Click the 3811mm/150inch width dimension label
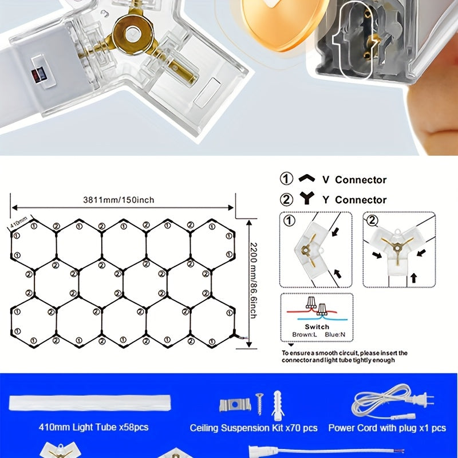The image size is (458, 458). click(x=119, y=200)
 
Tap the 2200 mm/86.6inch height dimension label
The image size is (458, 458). click(x=253, y=281)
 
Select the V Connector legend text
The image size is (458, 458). click(x=354, y=180)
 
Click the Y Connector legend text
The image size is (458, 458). click(x=354, y=200)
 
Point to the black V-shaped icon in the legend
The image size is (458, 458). click(x=307, y=178)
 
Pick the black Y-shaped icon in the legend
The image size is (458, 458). click(x=307, y=198)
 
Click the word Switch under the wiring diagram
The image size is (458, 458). click(x=317, y=327)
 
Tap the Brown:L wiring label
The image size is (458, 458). click(x=305, y=334)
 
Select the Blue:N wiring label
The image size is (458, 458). click(x=335, y=334)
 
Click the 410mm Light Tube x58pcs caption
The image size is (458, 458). click(x=93, y=427)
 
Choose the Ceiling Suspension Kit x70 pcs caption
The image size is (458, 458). click(x=254, y=428)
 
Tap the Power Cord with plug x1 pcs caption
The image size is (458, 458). click(x=387, y=428)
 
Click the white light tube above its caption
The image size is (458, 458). click(x=90, y=403)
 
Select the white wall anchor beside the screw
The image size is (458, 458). click(x=278, y=404)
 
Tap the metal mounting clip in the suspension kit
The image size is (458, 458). click(x=235, y=405)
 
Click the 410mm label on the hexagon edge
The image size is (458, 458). click(x=19, y=222)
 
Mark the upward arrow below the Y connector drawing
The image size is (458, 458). click(x=413, y=278)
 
